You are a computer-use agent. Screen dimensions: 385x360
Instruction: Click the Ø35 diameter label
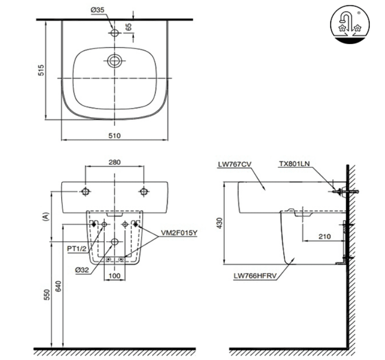(97, 10)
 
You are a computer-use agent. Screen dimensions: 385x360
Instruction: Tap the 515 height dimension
(41, 70)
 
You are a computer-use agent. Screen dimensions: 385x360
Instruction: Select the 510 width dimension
(115, 135)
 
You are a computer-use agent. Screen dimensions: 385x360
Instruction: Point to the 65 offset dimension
(128, 27)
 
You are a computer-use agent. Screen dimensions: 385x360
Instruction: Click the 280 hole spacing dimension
(115, 162)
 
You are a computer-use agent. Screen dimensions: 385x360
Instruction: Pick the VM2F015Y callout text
(179, 233)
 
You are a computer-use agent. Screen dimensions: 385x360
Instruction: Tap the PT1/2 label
(77, 248)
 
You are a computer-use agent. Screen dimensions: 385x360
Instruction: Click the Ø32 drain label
(82, 270)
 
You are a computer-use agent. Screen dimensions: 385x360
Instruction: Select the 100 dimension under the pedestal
(115, 276)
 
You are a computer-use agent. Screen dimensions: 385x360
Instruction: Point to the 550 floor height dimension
(47, 295)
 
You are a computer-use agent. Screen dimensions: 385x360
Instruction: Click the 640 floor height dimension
(58, 286)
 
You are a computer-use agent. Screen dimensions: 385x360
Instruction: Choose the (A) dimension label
(46, 217)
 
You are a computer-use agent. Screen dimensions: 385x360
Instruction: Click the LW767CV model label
(235, 164)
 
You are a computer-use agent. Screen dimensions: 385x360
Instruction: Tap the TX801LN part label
(294, 164)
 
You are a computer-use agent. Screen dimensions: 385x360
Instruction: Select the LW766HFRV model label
(255, 276)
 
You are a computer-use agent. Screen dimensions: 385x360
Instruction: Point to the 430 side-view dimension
(220, 223)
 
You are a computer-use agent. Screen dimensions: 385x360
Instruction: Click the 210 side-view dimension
(325, 237)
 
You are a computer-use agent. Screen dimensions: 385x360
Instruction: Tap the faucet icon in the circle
(350, 24)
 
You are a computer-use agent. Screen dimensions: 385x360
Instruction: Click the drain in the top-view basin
(115, 61)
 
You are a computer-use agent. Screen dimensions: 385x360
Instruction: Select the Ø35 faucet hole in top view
(115, 32)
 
